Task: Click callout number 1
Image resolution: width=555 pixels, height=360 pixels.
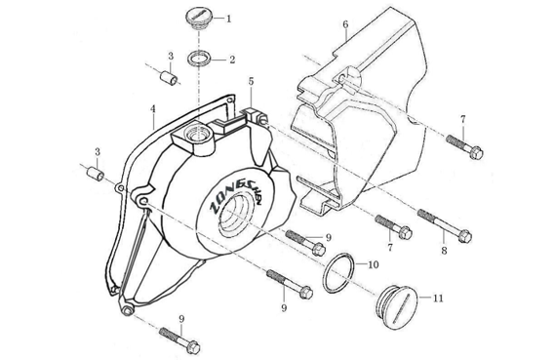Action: tap(228, 19)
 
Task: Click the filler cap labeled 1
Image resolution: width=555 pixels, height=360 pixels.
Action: tap(198, 20)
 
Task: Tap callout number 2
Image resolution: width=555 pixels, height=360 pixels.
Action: tap(232, 60)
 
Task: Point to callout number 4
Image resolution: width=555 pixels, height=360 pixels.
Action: tap(153, 109)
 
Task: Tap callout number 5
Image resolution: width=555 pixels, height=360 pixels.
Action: tap(251, 81)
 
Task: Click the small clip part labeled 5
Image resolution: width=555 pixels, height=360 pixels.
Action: tap(255, 115)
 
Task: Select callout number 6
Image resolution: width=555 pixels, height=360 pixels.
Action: tap(345, 24)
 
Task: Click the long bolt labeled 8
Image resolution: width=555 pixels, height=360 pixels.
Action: tap(445, 225)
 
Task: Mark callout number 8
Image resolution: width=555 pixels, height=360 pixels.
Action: tap(444, 251)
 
